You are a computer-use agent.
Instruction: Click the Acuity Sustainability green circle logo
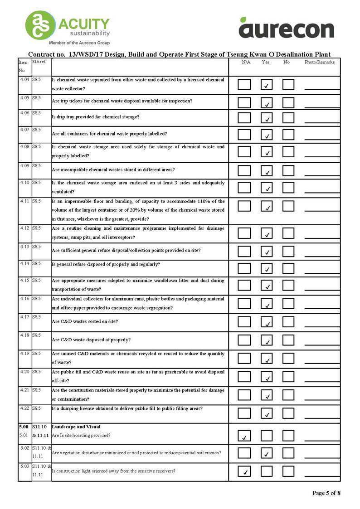coord(40,25)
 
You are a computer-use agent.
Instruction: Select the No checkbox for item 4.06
coord(288,118)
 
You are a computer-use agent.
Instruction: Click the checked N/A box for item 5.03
coord(244,471)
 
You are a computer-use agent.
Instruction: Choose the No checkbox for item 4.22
coord(288,413)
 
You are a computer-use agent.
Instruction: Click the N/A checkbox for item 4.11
coord(244,206)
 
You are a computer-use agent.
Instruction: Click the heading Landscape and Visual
coord(76,427)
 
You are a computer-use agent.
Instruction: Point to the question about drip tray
coord(96,117)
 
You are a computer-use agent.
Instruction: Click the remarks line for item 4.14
coord(322,272)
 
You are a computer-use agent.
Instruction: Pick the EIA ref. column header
coord(39,61)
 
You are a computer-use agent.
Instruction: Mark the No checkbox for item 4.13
coord(288,251)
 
